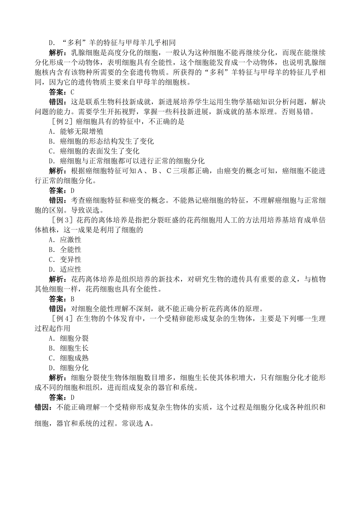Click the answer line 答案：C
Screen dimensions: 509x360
coord(62,92)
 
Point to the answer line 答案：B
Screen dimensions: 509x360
coord(62,299)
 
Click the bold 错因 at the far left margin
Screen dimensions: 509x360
coord(43,407)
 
